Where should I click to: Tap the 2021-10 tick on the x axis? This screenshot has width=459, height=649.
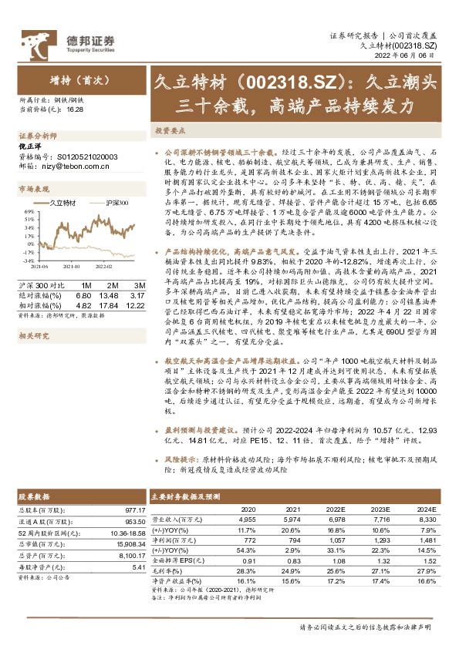[73, 267]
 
